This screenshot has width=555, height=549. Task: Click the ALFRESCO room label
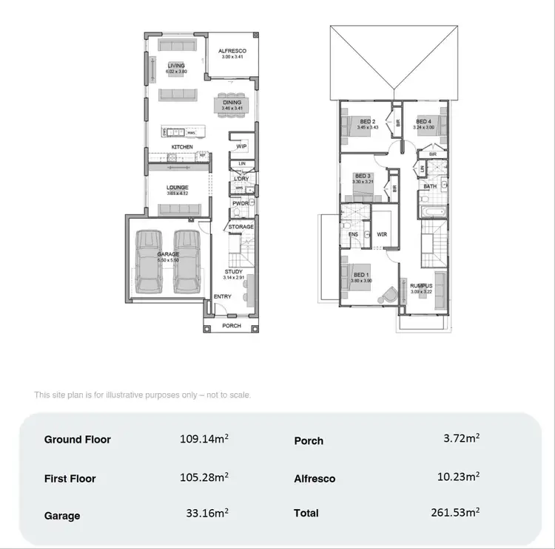pyautogui.click(x=231, y=51)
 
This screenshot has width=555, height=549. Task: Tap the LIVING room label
pyautogui.click(x=176, y=66)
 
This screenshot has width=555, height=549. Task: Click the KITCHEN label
pyautogui.click(x=182, y=147)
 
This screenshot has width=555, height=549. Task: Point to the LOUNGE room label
pyautogui.click(x=177, y=188)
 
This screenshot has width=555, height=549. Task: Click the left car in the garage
pyautogui.click(x=150, y=260)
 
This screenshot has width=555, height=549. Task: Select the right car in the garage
pyautogui.click(x=187, y=260)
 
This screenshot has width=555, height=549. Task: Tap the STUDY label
pyautogui.click(x=234, y=272)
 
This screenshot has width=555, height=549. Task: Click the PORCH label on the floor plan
pyautogui.click(x=232, y=325)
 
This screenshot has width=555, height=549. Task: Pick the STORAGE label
pyautogui.click(x=240, y=226)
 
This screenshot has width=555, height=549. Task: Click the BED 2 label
pyautogui.click(x=368, y=121)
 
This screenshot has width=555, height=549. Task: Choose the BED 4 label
pyautogui.click(x=423, y=121)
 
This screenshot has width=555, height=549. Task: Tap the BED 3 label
pyautogui.click(x=362, y=176)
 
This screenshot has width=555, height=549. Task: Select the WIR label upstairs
pyautogui.click(x=382, y=234)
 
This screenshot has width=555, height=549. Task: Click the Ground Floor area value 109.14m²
pyautogui.click(x=203, y=439)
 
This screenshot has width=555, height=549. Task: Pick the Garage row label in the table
pyautogui.click(x=62, y=516)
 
